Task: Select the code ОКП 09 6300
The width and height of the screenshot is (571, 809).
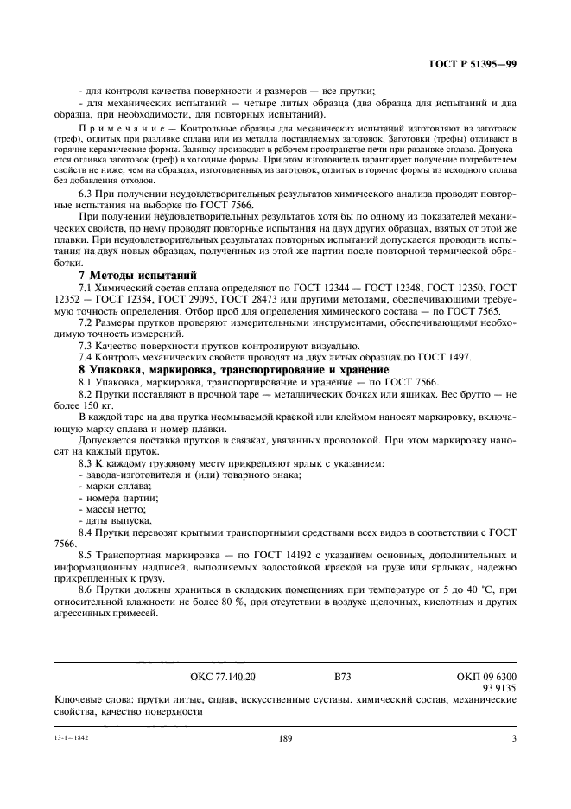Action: click(485, 679)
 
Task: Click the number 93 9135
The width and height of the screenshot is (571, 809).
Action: click(498, 691)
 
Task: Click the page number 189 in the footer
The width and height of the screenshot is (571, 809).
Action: click(287, 739)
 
